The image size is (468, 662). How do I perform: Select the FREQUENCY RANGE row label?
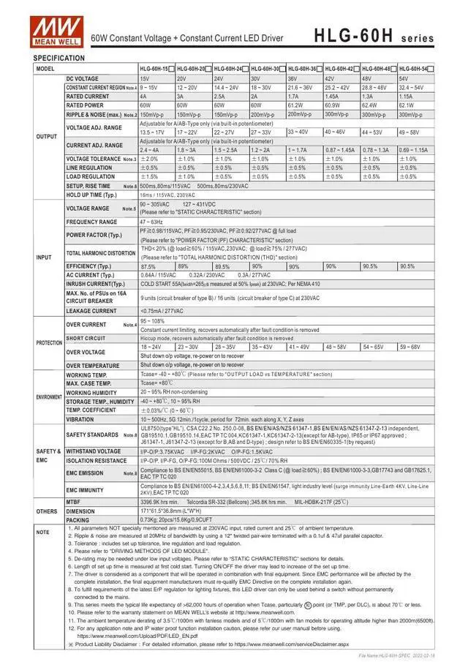[x=91, y=222]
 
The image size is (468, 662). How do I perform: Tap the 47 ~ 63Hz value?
[x=151, y=222]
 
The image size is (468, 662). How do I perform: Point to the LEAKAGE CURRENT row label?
[x=91, y=311]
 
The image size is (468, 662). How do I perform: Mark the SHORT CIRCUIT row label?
[x=86, y=339]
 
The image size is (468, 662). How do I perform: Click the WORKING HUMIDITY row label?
[x=92, y=392]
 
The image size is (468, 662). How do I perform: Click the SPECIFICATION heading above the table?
[x=59, y=57]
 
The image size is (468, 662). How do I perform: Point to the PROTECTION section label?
[x=49, y=342]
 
